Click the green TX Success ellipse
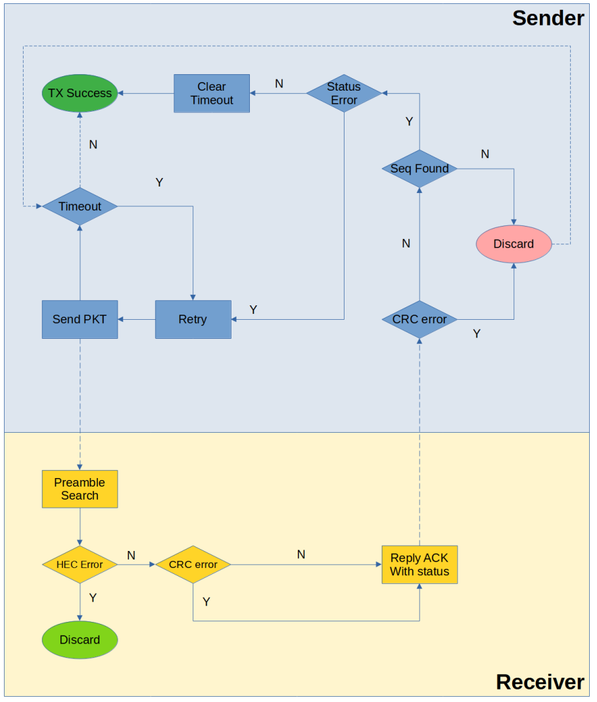[80, 93]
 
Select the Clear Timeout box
[212, 93]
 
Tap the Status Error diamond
[344, 93]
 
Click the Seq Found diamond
[419, 169]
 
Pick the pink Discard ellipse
[513, 244]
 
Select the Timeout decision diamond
[80, 206]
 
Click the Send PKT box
[80, 320]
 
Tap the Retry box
[193, 320]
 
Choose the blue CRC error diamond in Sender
[419, 320]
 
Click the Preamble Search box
[80, 489]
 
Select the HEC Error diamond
[80, 565]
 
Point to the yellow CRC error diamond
[193, 565]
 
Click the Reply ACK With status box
[419, 565]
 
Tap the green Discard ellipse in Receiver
[80, 640]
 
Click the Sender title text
[548, 18]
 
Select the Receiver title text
[539, 682]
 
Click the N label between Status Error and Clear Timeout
[279, 84]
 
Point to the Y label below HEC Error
[93, 598]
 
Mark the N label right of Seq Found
[485, 154]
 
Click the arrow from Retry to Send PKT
[137, 320]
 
